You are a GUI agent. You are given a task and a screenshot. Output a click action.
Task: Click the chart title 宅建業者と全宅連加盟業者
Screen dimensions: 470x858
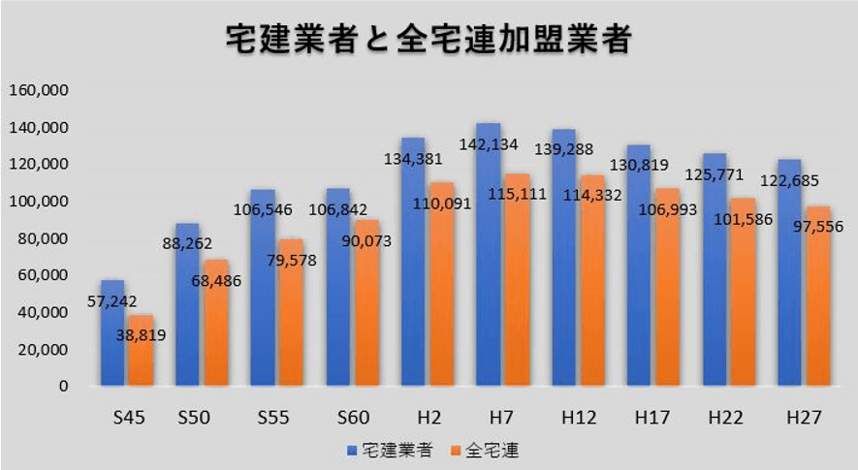pos(429,40)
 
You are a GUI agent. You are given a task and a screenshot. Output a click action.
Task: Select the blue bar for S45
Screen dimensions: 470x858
pos(112,339)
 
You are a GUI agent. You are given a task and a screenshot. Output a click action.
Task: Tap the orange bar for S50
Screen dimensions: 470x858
pos(215,329)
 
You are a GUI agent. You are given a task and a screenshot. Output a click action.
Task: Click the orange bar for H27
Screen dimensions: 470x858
pos(818,310)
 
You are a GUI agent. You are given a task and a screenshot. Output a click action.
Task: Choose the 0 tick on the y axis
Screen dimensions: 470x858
pos(63,386)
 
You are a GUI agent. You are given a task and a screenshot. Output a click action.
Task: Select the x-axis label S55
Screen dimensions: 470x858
pos(274,418)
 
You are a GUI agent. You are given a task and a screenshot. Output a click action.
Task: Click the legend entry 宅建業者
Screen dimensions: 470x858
pos(389,450)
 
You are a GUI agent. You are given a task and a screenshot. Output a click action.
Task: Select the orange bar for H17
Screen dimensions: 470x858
pos(667,300)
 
